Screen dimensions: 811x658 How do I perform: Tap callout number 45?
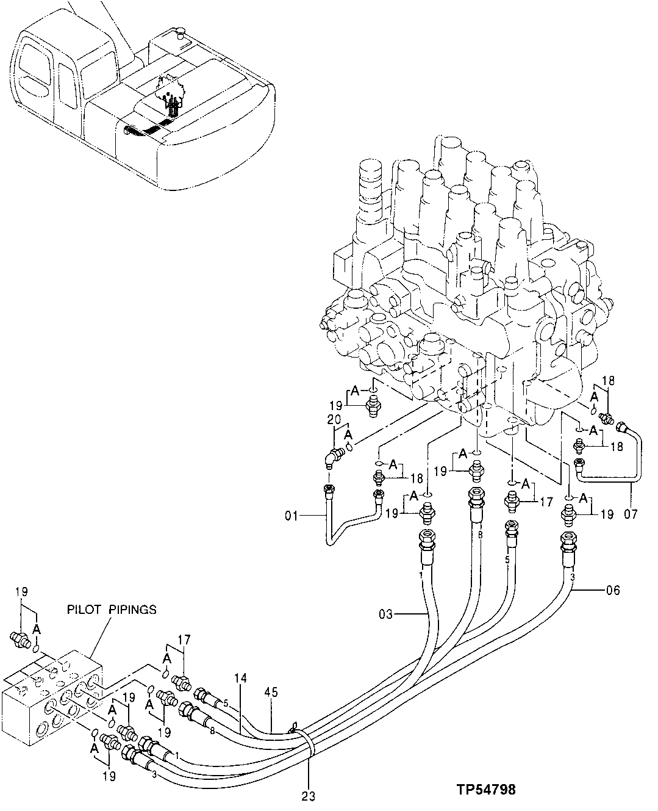[271, 692]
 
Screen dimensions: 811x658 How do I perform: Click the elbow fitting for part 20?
[333, 456]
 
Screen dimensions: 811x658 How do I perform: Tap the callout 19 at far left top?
[22, 591]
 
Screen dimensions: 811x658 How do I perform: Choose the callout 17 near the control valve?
[546, 502]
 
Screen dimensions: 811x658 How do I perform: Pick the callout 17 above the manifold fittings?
[184, 640]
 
